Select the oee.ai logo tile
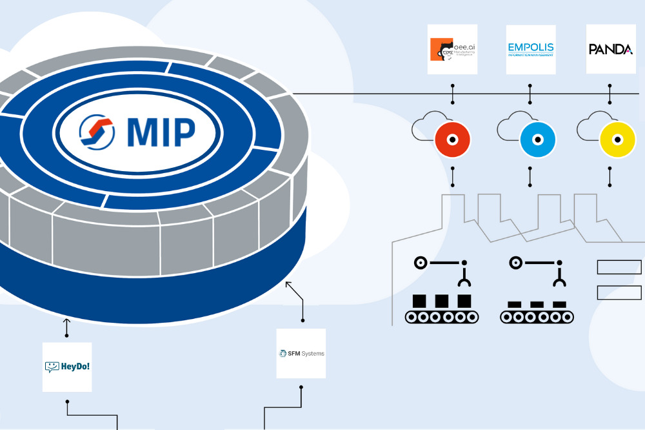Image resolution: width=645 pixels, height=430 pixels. click(453, 49)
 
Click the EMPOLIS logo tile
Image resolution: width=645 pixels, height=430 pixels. click(531, 49)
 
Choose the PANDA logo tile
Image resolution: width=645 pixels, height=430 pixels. click(610, 49)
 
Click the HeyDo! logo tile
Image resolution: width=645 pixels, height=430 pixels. click(67, 367)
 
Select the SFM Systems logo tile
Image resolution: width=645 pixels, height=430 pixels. click(301, 353)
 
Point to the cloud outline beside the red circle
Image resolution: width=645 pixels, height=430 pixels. click(426, 128)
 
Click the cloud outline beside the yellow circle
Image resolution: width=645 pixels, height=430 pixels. click(590, 127)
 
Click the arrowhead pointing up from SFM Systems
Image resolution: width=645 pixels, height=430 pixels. click(288, 284)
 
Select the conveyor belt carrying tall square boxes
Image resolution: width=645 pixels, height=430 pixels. click(442, 316)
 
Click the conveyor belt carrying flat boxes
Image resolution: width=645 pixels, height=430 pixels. click(537, 316)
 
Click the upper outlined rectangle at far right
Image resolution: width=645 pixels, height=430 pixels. click(619, 267)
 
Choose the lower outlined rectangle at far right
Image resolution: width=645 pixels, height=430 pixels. click(619, 292)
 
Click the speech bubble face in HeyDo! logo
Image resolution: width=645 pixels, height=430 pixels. click(52, 367)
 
